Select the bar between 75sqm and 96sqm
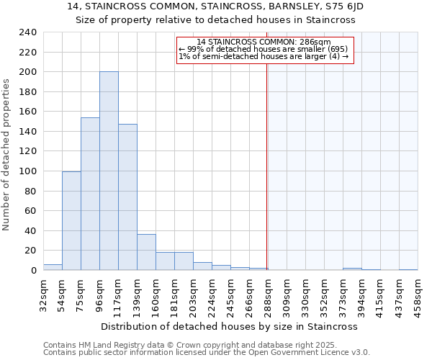tap(90, 194)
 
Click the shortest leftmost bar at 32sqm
tap(53, 267)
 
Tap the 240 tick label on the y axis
tap(29, 32)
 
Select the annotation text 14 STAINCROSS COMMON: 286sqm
tap(264, 42)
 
